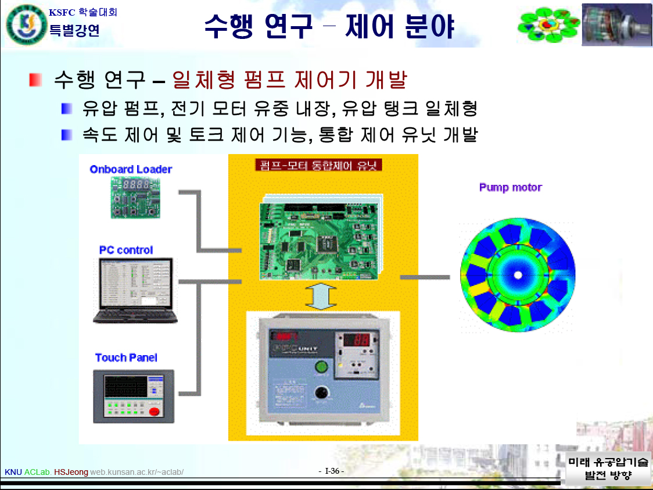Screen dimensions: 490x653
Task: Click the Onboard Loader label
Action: [131, 169]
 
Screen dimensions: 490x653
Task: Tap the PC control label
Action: [126, 250]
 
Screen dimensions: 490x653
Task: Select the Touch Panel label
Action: [126, 357]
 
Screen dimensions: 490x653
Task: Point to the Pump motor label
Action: [510, 187]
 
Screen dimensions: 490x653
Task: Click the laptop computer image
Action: [135, 291]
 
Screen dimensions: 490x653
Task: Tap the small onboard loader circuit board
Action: [136, 198]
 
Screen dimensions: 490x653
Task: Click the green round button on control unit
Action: [320, 367]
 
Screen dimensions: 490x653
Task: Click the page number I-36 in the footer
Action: [332, 471]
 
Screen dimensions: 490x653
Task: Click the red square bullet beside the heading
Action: [36, 80]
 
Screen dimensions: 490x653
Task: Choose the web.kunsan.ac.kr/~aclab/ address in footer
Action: [137, 472]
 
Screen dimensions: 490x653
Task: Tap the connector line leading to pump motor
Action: [424, 277]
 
